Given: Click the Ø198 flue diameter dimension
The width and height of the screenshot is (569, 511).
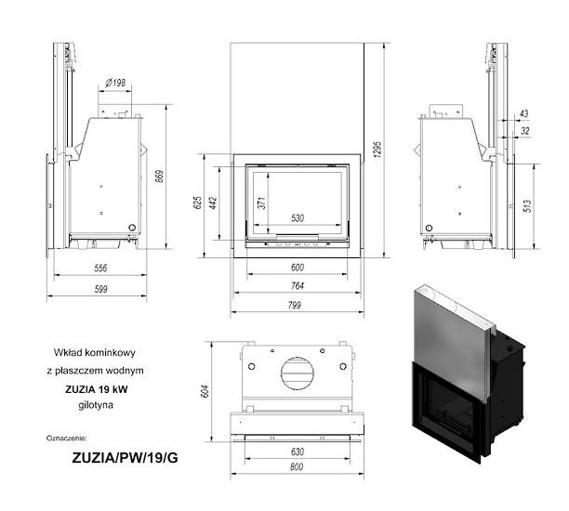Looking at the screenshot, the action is pos(115,83).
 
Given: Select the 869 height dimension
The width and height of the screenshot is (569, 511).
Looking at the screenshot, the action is pos(160,177).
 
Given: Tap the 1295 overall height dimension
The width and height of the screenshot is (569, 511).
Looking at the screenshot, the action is pos(377,150).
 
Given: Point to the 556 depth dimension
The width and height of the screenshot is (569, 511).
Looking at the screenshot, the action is pos(100,268).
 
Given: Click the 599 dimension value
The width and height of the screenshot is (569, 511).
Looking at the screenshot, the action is pos(101,289).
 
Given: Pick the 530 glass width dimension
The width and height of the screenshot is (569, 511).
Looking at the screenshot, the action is pos(298,218).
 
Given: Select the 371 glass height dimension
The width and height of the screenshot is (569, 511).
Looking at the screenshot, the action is pos(262,203).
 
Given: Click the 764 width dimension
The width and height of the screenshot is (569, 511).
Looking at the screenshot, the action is pos(298,286).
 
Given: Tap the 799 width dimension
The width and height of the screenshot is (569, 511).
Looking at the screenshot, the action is pos(295,305).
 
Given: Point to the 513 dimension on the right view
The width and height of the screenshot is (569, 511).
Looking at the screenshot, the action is pos(528,205).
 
